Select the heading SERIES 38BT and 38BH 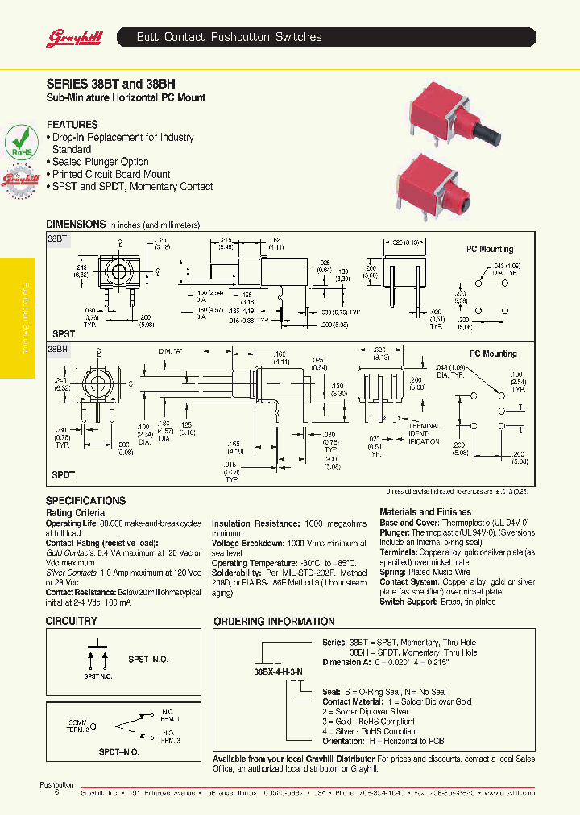(x=110, y=83)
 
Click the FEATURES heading (x=72, y=125)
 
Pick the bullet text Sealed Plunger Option (x=101, y=162)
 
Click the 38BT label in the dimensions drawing (x=58, y=239)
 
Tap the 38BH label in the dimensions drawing (x=58, y=350)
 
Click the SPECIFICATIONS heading (x=85, y=501)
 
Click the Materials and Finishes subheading (x=425, y=511)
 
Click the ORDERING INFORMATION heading (x=273, y=622)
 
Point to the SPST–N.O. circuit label (x=149, y=660)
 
